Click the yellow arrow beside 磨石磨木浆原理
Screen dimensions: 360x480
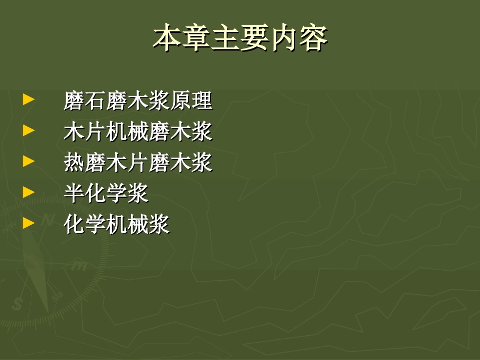pyautogui.click(x=29, y=99)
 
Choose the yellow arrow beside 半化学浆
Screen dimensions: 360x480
pyautogui.click(x=29, y=192)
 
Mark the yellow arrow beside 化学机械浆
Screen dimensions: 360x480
pyautogui.click(x=29, y=223)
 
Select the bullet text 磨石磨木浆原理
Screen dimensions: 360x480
pyautogui.click(x=138, y=100)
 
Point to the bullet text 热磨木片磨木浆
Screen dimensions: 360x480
pyautogui.click(x=138, y=163)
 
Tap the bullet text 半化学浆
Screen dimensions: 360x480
pyautogui.click(x=106, y=193)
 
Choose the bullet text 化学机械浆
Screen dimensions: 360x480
pyautogui.click(x=117, y=224)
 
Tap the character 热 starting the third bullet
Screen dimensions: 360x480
pyautogui.click(x=74, y=163)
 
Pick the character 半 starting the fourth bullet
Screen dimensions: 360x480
pyautogui.click(x=74, y=193)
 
